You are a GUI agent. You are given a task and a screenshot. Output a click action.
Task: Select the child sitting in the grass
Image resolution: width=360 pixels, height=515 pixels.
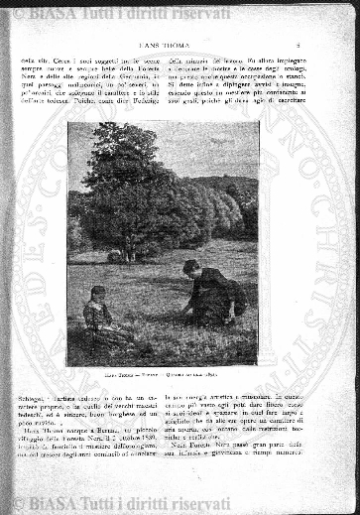tap(97, 313)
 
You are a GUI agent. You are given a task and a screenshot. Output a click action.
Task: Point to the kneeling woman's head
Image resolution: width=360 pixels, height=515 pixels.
tap(190, 267)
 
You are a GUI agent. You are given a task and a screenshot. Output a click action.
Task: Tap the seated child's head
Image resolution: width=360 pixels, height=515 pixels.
tap(97, 293)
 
